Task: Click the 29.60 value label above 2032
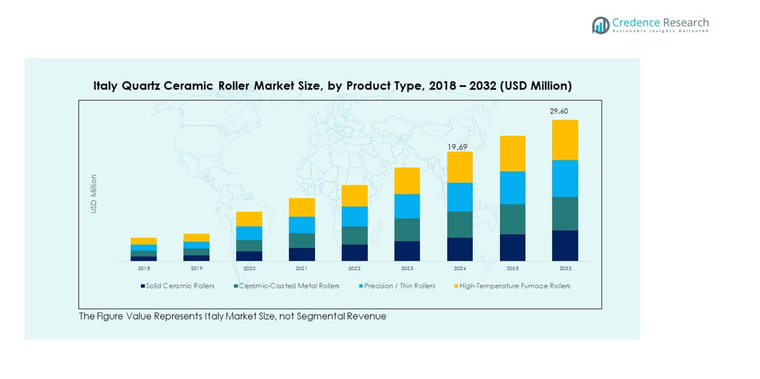[559, 112]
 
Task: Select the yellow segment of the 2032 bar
[565, 140]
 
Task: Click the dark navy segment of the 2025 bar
[512, 247]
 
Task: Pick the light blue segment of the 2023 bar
[407, 206]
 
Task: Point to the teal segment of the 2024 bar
[459, 225]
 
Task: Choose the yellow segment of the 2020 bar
[249, 219]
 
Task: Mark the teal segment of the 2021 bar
[302, 241]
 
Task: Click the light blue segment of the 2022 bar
[354, 216]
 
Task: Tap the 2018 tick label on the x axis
[144, 269]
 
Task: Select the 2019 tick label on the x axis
[196, 269]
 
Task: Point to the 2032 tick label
[565, 269]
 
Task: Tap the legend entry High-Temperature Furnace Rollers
[514, 286]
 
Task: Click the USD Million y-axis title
[94, 193]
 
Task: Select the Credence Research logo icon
[600, 25]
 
